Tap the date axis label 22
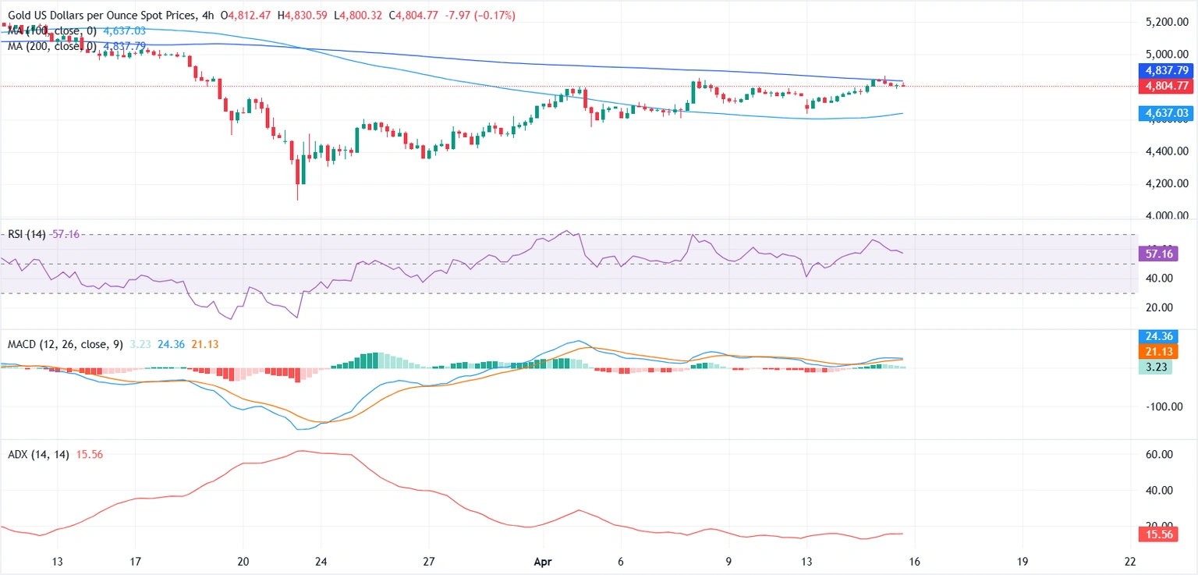coord(1130,561)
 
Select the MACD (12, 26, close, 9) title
coord(65,344)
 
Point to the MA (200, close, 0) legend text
coord(51,46)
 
